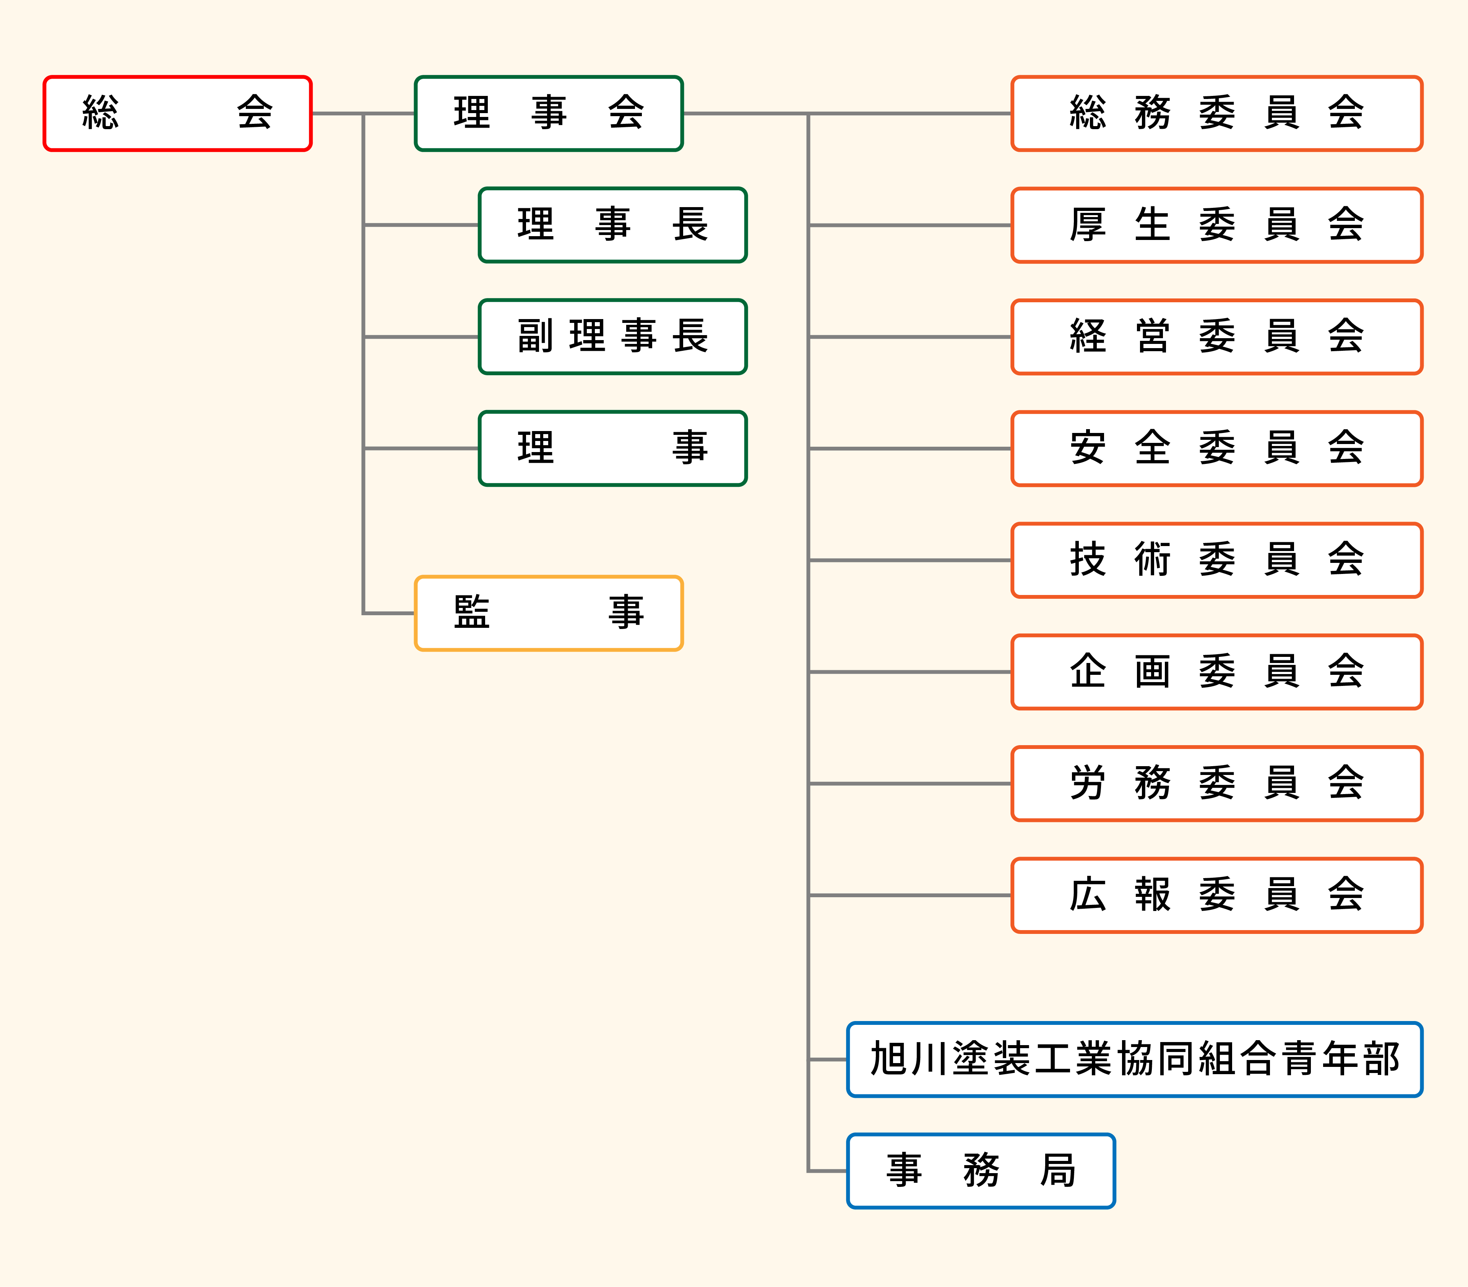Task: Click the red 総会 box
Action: click(x=177, y=113)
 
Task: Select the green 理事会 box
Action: click(x=549, y=113)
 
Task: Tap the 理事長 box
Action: click(x=613, y=225)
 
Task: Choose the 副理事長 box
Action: click(x=613, y=337)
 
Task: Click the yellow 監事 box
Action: click(x=549, y=613)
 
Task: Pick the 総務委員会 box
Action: click(x=1216, y=113)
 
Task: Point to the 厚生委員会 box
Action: click(x=1216, y=225)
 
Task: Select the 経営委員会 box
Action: click(x=1216, y=337)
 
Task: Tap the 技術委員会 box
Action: click(x=1216, y=560)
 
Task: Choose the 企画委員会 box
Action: click(x=1216, y=672)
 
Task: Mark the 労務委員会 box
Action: click(x=1216, y=783)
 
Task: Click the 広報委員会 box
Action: click(x=1216, y=895)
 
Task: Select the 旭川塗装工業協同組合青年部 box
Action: click(x=1135, y=1060)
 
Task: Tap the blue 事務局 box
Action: click(x=981, y=1171)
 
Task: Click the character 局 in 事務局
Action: click(x=1058, y=1171)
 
